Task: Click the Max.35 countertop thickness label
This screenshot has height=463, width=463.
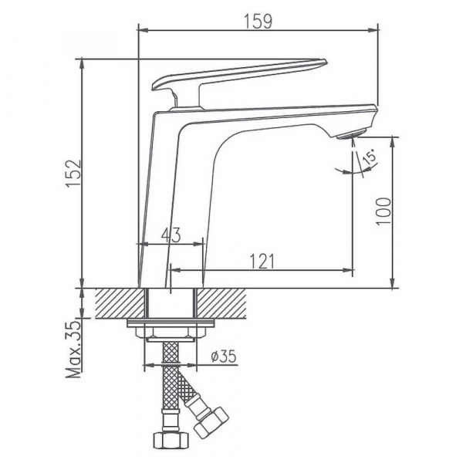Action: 73,348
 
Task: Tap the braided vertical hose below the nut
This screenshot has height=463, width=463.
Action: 170,386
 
